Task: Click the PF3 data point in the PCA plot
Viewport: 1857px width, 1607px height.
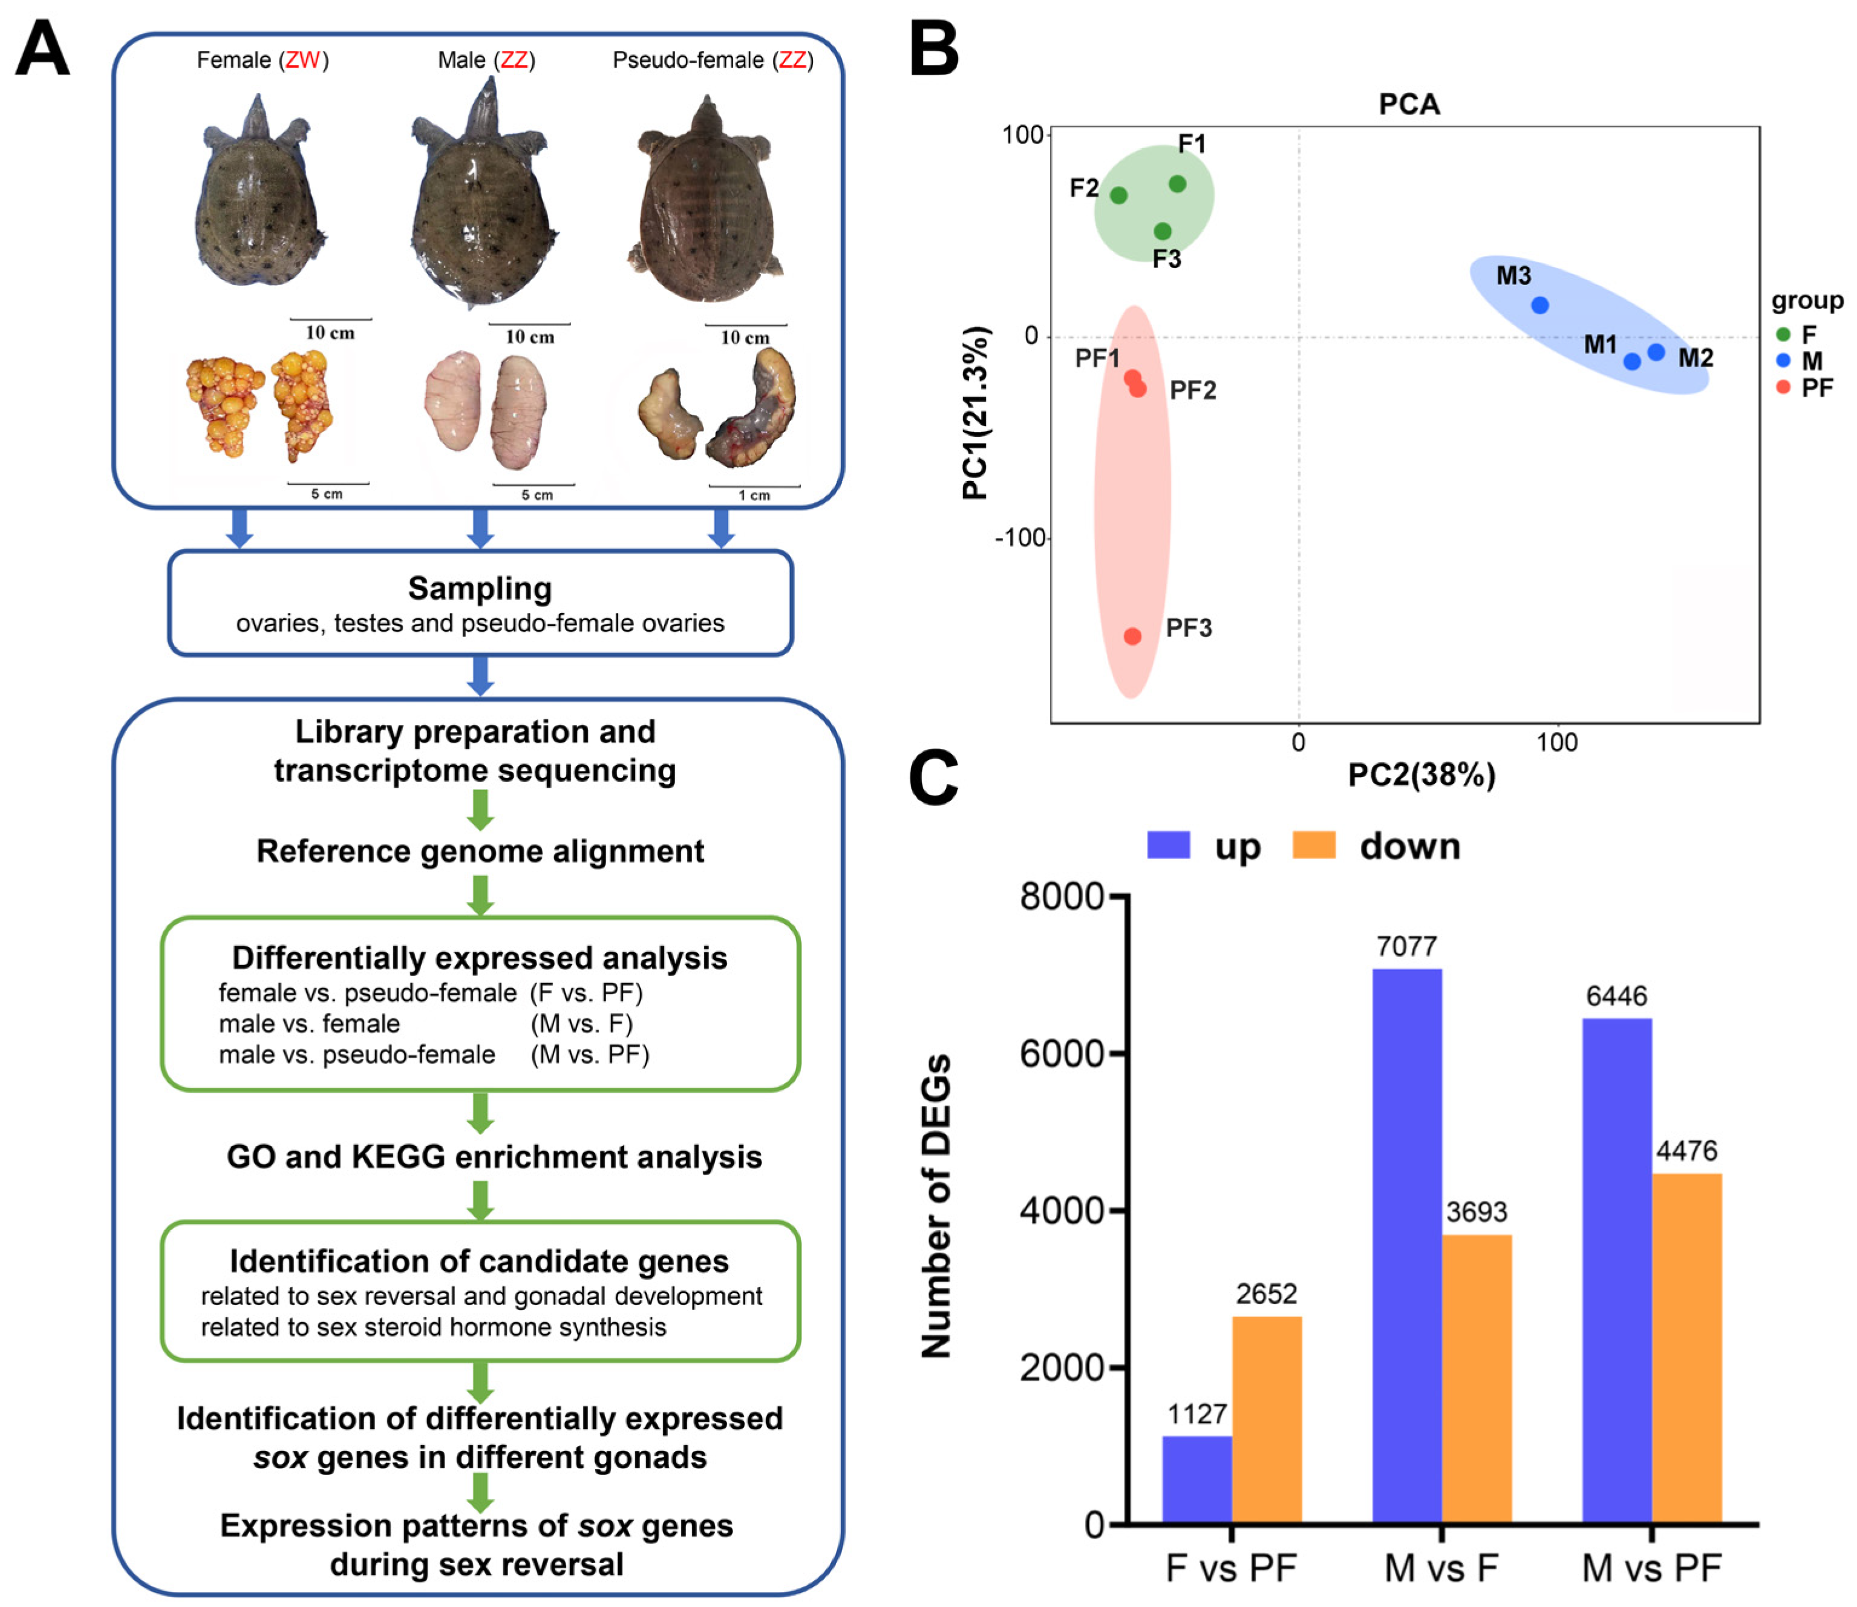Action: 1132,636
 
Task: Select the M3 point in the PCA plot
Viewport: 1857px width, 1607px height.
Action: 1539,305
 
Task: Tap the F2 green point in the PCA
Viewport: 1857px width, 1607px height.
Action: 1118,195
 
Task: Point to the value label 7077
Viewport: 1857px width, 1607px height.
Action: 1407,946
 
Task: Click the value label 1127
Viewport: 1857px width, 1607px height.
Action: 1197,1414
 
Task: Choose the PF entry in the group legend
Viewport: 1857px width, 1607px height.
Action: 1806,387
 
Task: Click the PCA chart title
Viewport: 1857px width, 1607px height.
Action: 1409,104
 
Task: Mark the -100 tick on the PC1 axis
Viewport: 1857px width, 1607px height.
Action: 1020,537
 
